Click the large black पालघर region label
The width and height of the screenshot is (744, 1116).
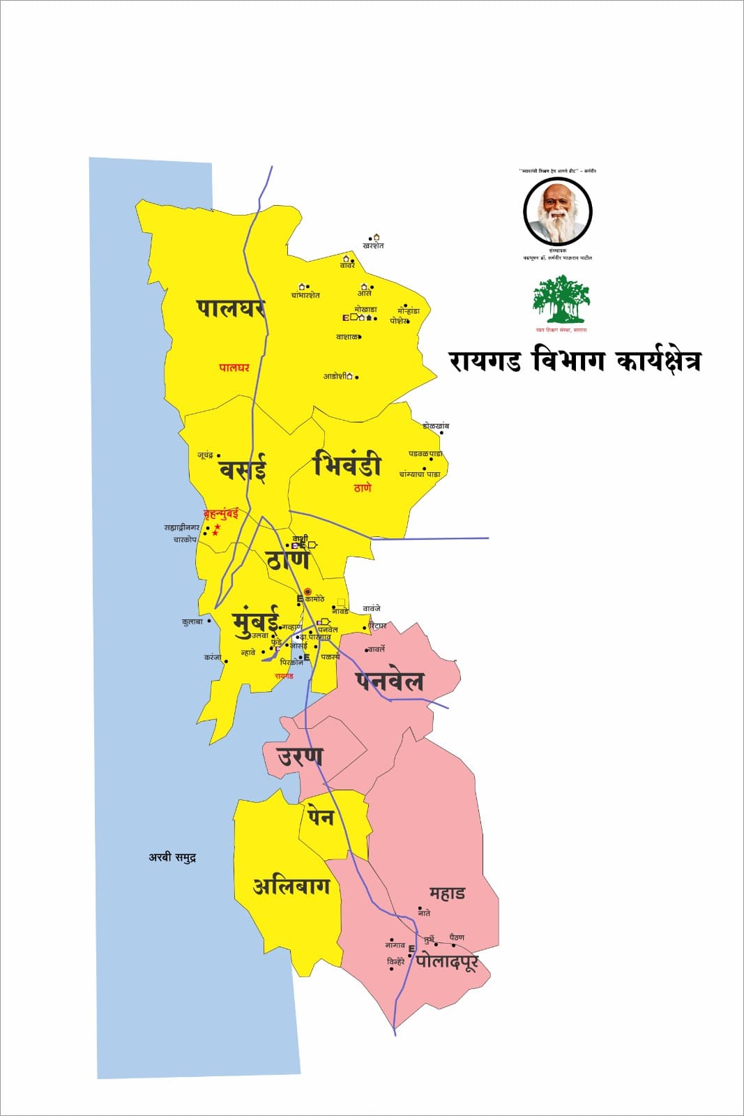coord(230,308)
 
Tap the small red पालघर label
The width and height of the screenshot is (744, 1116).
coord(234,368)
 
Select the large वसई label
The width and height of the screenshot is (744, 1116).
coord(243,469)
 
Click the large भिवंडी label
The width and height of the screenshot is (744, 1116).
coord(347,465)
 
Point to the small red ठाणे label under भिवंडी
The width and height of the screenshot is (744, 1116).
coord(363,488)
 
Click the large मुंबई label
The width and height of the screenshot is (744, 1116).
coord(255,619)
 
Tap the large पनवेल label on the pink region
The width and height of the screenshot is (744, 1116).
coord(389,680)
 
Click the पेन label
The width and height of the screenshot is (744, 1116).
coord(321,816)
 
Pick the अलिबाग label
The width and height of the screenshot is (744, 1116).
coord(291,887)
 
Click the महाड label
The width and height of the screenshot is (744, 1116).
coord(447,893)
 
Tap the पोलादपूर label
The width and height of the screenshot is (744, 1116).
coord(447,962)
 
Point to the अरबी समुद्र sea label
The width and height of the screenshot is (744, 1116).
coord(172,857)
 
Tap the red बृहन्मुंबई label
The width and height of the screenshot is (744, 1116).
coord(220,514)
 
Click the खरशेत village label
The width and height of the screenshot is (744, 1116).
coord(374,246)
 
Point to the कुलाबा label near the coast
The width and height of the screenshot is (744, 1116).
coord(192,621)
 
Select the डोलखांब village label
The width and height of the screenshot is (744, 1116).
coord(436,425)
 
